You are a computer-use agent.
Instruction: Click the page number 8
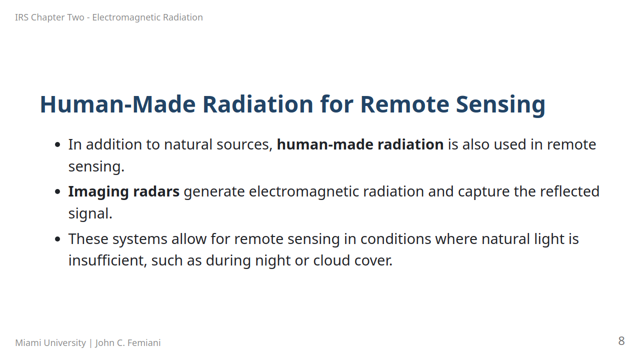[621, 341]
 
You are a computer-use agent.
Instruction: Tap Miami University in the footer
[50, 342]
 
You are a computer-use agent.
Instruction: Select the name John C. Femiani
[128, 342]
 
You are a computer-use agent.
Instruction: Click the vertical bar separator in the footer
[90, 343]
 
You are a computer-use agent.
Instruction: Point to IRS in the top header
[21, 17]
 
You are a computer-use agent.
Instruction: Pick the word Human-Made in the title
[117, 104]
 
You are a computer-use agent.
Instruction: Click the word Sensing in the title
[500, 105]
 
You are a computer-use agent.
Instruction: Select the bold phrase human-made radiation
[360, 144]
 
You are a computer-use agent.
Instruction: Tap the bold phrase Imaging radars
[124, 192]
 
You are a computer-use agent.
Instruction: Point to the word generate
[214, 192]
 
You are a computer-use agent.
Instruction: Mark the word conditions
[395, 239]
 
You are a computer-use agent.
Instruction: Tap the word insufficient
[107, 260]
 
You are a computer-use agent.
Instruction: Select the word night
[272, 261]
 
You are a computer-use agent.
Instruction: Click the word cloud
[331, 260]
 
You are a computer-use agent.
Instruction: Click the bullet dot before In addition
[57, 145]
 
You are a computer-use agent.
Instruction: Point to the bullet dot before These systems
[57, 239]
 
